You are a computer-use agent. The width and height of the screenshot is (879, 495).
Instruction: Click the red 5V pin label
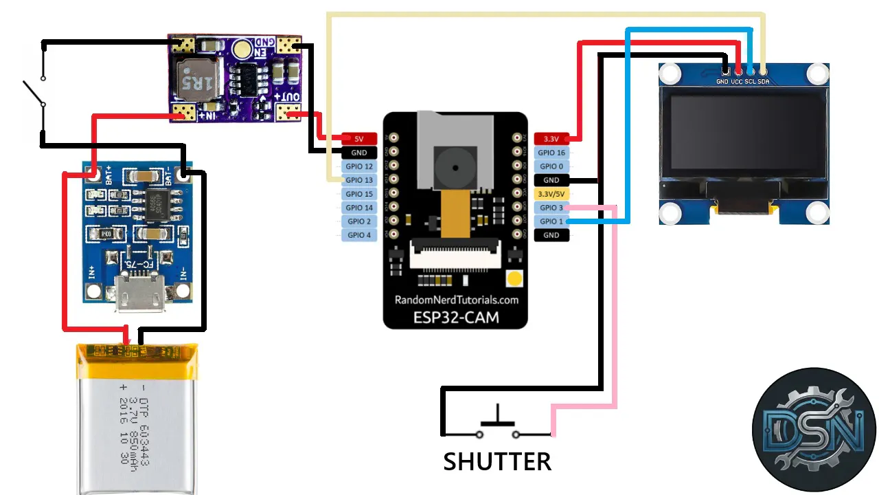[359, 139]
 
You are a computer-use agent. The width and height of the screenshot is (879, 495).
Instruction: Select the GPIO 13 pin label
[359, 180]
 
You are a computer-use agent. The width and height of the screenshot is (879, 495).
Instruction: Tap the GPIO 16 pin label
[551, 153]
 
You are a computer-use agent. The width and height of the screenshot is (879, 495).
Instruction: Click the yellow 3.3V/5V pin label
[551, 194]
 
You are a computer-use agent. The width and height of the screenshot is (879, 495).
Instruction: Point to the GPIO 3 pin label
[551, 208]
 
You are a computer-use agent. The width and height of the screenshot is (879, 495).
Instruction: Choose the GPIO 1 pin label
[551, 221]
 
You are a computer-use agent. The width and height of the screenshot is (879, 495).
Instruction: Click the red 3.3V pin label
[551, 139]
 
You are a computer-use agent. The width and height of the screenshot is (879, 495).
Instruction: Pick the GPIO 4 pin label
[359, 235]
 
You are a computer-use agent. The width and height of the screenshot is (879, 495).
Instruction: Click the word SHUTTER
[497, 461]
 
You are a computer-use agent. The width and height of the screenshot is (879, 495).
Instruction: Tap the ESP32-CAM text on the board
[455, 317]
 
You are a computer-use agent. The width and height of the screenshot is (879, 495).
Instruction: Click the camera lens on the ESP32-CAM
[454, 168]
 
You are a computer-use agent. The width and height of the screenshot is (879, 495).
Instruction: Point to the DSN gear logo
[814, 430]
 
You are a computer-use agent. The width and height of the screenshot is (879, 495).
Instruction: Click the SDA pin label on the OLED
[764, 81]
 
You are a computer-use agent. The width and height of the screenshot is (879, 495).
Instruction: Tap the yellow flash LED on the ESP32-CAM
[514, 278]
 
